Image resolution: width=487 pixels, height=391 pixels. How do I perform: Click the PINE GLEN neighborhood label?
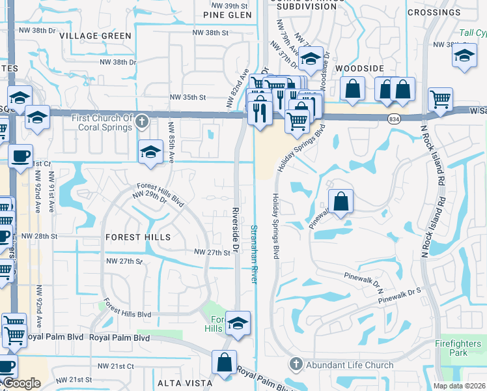coord(209,14)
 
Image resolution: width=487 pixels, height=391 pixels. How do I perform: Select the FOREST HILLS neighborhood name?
coord(137,238)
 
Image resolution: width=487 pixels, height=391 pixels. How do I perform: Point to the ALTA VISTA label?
coord(184,383)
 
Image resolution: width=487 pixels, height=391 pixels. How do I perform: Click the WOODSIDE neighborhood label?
coord(357,68)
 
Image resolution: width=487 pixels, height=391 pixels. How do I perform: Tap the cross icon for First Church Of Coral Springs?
coord(142,121)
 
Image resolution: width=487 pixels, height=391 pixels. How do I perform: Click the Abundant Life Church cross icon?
coord(295,365)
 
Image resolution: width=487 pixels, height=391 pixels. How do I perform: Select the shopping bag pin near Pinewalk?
coord(341,202)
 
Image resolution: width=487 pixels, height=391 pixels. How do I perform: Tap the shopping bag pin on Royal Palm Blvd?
coord(224,362)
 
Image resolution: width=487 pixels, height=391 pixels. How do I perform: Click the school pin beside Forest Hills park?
coord(238,324)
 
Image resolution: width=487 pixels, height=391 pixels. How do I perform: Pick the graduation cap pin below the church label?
coord(150,152)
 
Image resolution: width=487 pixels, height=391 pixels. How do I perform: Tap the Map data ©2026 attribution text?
coord(459,386)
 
